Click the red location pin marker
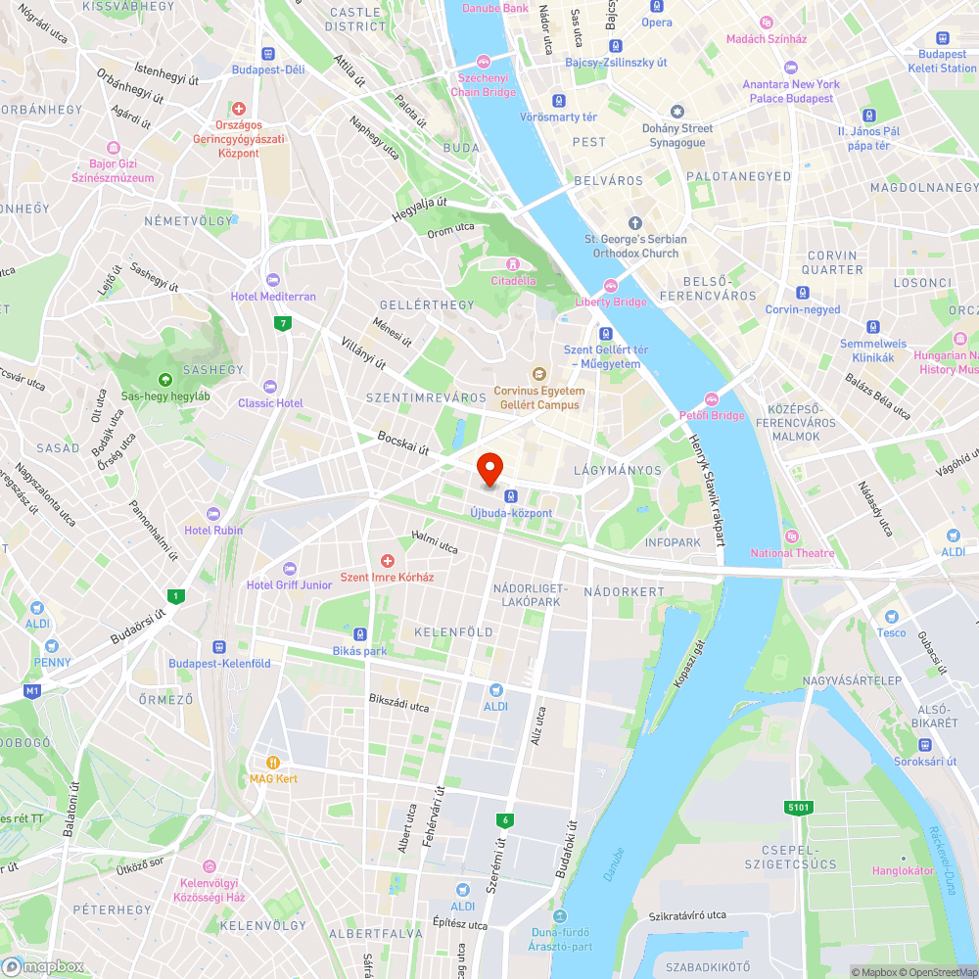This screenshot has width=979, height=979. pos(489,469)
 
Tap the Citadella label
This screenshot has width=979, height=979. pos(513,281)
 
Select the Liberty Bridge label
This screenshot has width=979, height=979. pos(611,302)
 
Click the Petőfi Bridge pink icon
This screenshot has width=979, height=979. pos(712,397)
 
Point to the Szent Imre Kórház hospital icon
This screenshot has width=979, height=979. pos(388,561)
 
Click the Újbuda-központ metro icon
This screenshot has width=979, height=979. pos(511,495)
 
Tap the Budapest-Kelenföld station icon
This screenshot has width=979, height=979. pos(218,647)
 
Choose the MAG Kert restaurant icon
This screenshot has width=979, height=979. pos(273,762)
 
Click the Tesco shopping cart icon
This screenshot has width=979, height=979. pos(891,616)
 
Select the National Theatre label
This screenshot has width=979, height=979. pos(792,553)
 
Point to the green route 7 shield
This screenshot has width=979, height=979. pos(283,323)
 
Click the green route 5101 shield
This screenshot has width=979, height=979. pos(799,807)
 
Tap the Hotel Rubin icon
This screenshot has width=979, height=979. pos(214,514)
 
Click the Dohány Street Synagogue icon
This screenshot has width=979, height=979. pos(676,113)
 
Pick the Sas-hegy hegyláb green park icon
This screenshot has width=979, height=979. pos(164,380)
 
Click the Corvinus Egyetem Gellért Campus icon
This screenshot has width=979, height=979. pos(537,374)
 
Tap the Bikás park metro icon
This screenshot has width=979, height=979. pos(360,634)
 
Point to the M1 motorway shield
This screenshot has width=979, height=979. pos(32,691)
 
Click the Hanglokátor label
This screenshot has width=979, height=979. pos(903,870)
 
